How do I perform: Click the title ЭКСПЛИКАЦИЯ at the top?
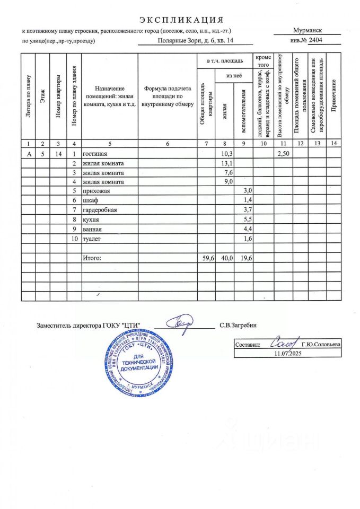181,20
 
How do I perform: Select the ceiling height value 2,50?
284,153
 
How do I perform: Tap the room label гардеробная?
99,210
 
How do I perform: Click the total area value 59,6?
205,258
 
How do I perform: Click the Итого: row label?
91,258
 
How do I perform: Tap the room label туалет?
91,239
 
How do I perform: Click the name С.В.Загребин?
237,324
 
